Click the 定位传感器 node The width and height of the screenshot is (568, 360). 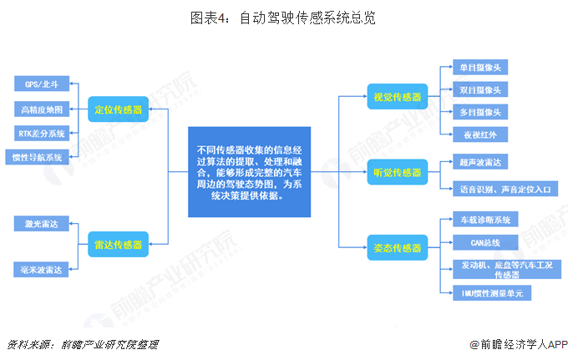[x=118, y=109]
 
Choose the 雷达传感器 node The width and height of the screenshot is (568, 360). [x=118, y=245]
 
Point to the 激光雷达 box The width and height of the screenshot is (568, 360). [x=42, y=223]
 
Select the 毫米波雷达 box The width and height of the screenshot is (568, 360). [x=42, y=268]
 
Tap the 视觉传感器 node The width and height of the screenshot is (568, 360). [x=398, y=97]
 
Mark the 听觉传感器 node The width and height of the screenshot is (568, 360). [x=398, y=173]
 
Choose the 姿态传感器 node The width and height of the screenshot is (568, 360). [x=398, y=247]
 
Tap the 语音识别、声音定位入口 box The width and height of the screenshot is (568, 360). [x=504, y=190]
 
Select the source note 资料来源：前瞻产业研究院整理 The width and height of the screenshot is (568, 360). [x=82, y=343]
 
